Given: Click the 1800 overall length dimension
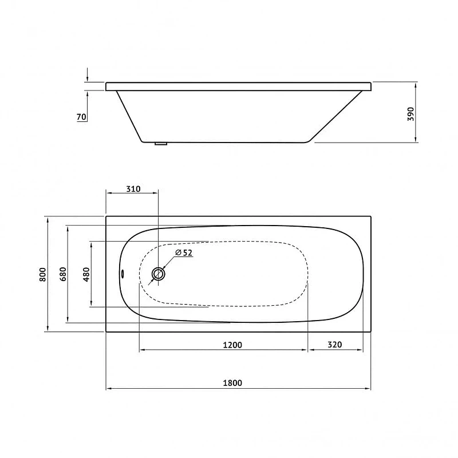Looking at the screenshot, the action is (x=232, y=382).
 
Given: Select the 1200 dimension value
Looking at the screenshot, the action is (x=232, y=345).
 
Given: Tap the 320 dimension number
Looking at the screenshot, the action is (x=335, y=345).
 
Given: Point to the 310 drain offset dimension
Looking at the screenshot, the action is (x=133, y=189).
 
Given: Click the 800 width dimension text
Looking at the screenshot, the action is (x=42, y=274).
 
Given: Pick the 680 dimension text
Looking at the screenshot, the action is (x=63, y=274).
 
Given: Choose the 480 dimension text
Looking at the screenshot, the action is (x=86, y=274).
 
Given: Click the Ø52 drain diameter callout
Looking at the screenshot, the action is (x=184, y=252).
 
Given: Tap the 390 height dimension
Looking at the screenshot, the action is (x=411, y=114).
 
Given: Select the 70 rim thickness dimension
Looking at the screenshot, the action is (x=81, y=117).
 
